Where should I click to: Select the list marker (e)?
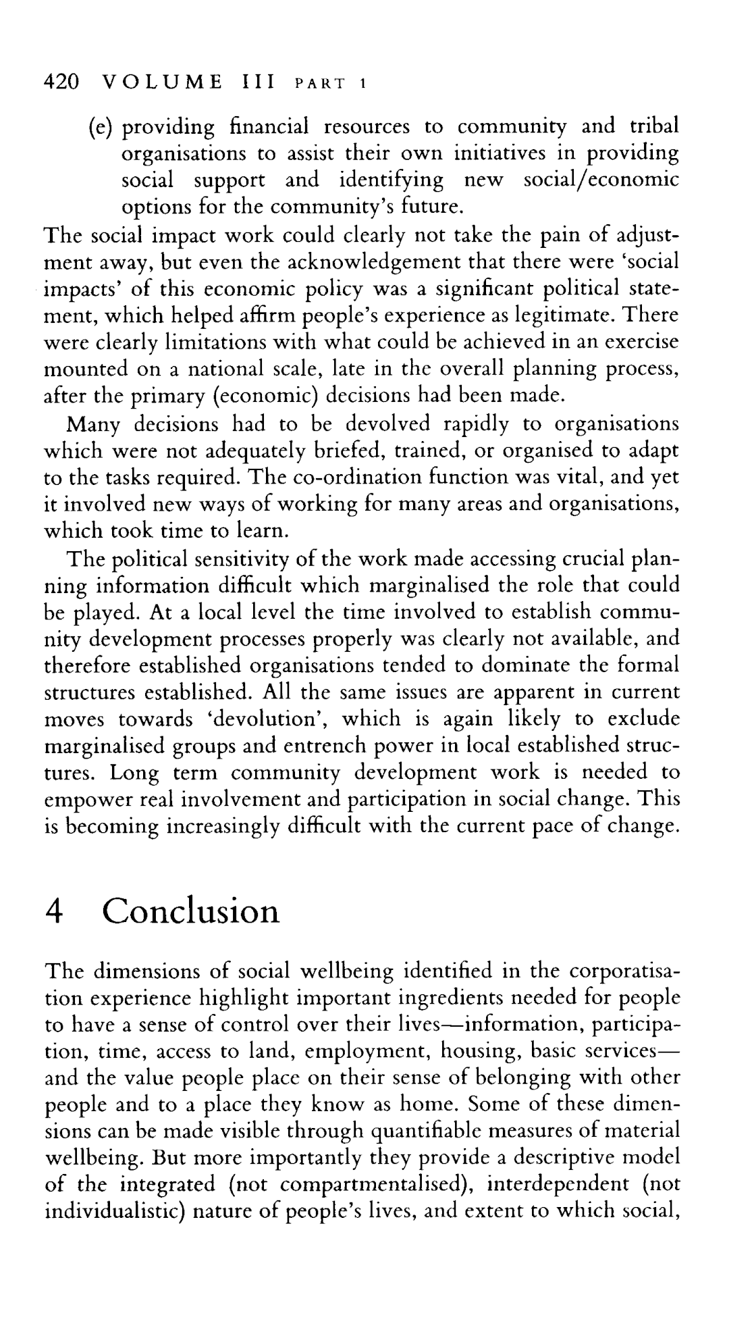(101, 127)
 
